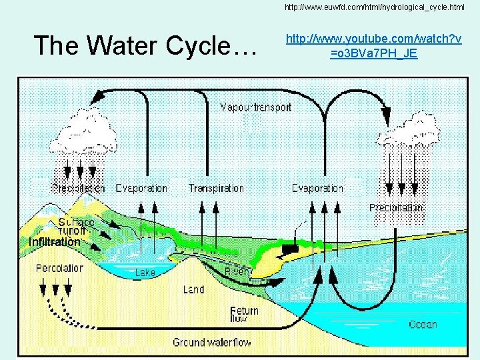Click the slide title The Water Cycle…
145,45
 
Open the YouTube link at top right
373,46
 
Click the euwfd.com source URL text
374,7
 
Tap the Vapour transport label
255,107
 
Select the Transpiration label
216,189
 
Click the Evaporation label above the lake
141,189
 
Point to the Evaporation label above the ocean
317,189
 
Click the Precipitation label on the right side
396,208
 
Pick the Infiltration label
55,241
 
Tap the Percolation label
59,268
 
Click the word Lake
145,273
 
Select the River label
237,272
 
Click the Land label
193,289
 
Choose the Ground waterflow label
212,343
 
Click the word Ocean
423,325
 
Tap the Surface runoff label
76,225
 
